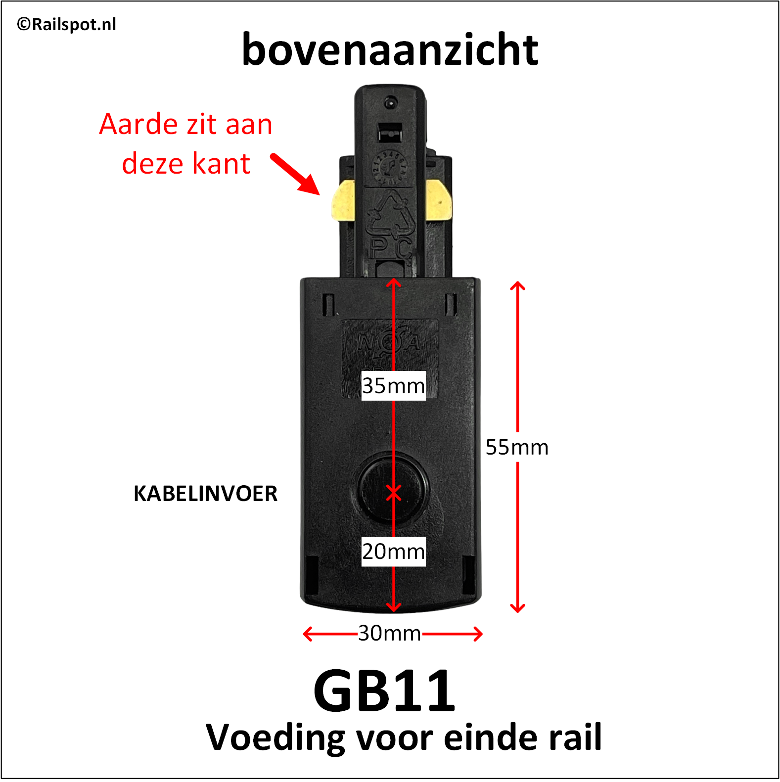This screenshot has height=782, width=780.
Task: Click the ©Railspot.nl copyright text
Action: coord(66,24)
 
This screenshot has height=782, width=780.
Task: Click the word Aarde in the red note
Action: coord(138,124)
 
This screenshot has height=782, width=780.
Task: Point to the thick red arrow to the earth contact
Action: coord(295,174)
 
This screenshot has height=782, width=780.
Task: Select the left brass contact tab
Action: coord(343,200)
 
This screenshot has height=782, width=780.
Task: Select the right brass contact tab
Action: coord(439,200)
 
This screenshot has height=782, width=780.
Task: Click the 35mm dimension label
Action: coord(393,386)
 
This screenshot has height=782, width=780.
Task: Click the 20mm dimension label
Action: coord(393,552)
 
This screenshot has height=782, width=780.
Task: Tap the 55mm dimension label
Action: coord(517,447)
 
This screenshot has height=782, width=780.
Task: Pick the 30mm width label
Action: coord(390,633)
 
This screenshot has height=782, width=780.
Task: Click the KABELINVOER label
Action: coord(205,494)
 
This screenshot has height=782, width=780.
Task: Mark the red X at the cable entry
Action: coord(394,493)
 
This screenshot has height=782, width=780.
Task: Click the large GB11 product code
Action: coord(384,691)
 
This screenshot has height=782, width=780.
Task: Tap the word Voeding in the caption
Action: coord(275,737)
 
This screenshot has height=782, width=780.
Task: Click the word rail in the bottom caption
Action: coord(575,737)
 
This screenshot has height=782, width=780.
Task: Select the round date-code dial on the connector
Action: coord(390,167)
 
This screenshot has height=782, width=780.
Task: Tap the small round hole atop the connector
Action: coord(390,102)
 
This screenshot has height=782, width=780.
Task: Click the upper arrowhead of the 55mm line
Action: coord(517,285)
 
